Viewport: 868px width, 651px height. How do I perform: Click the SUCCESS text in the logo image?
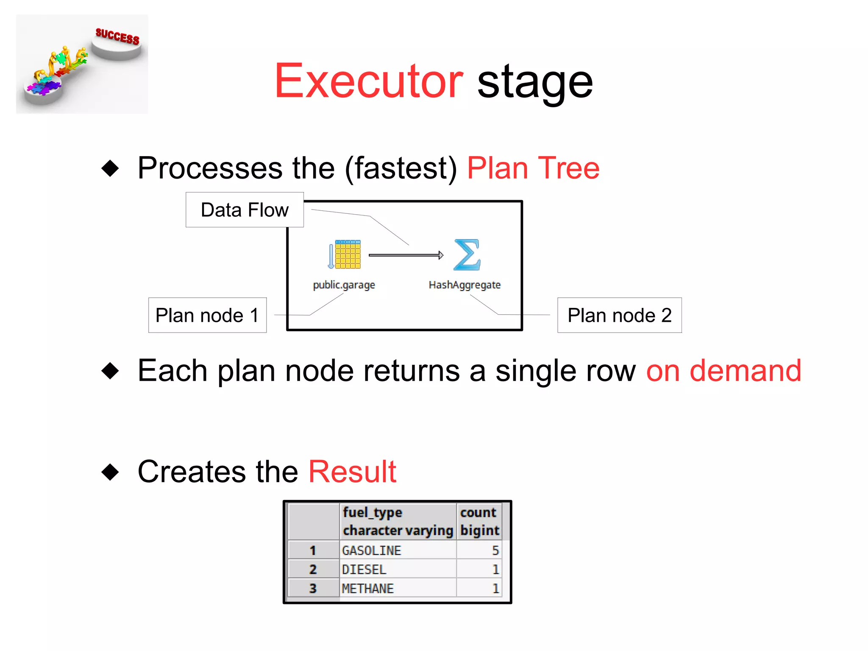(x=117, y=36)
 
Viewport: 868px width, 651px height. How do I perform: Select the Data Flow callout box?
(x=245, y=210)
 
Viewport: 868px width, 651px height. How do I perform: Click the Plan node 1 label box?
(x=207, y=315)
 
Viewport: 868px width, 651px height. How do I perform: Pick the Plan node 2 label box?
(x=619, y=315)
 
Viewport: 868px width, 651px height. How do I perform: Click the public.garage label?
(x=344, y=285)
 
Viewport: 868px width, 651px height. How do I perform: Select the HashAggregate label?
(x=465, y=285)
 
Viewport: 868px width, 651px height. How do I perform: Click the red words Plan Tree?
(x=533, y=168)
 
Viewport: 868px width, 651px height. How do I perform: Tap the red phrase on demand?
(x=723, y=371)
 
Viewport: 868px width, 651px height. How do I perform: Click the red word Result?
(x=352, y=472)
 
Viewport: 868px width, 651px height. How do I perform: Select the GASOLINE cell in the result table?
(x=371, y=550)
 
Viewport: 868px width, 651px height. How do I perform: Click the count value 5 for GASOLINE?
(x=495, y=550)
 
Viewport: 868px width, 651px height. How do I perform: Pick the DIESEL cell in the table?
(x=364, y=570)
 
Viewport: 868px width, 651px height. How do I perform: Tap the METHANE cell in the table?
(x=367, y=589)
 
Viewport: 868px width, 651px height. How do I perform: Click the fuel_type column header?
(x=372, y=513)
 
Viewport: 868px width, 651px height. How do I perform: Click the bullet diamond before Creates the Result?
(x=110, y=472)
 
